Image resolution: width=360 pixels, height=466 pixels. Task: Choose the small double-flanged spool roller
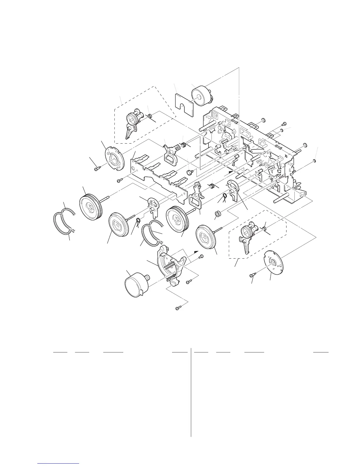click(218, 213)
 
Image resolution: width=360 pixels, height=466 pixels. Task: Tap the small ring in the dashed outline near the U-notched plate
click(150, 116)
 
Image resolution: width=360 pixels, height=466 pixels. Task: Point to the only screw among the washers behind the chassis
click(284, 124)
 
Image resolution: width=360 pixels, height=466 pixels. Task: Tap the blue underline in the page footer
click(59, 463)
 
